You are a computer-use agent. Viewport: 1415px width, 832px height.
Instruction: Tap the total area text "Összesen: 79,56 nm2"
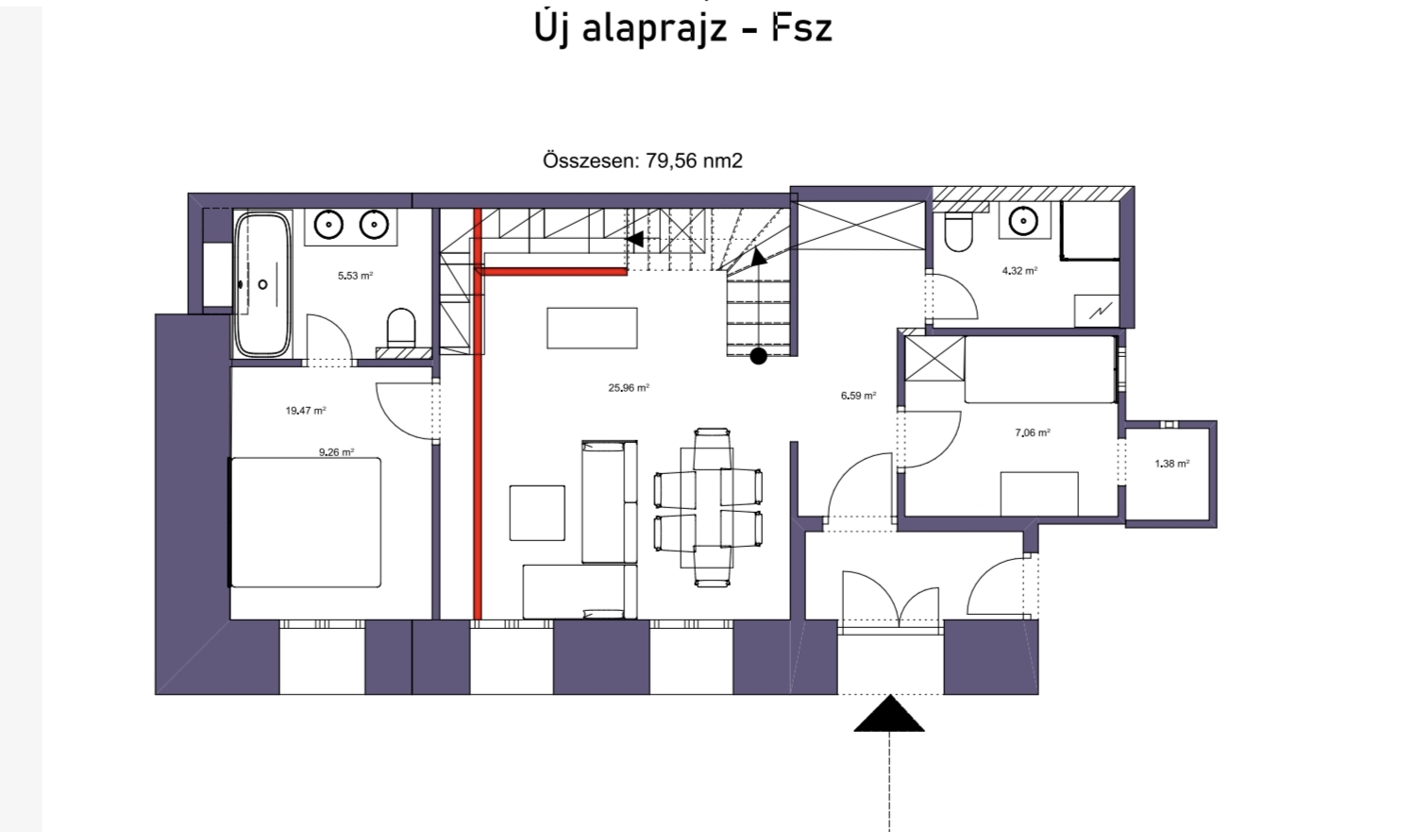click(643, 161)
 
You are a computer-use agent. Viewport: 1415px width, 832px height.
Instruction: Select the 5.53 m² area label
click(355, 276)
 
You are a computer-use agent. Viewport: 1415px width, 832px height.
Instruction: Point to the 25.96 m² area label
click(629, 388)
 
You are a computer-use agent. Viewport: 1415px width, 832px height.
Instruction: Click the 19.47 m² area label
click(306, 411)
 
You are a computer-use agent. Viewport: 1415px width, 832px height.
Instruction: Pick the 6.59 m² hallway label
click(858, 396)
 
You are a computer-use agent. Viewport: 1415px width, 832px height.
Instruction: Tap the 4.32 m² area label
click(1019, 271)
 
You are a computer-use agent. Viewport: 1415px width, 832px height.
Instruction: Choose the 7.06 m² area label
click(1033, 433)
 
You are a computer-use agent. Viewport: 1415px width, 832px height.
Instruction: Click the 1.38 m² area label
click(1172, 464)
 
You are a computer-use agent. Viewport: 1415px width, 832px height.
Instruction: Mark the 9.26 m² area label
click(336, 452)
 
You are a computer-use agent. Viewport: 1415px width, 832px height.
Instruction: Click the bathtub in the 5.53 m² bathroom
click(262, 284)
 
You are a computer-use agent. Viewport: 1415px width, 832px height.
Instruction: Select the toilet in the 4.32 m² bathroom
click(958, 231)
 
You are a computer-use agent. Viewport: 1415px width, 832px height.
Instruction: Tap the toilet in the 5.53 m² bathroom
click(401, 329)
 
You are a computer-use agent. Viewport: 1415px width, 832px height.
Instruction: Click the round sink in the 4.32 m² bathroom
click(1023, 221)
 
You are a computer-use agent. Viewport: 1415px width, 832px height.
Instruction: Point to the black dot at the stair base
click(759, 356)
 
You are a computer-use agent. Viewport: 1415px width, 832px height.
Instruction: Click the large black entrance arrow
click(889, 714)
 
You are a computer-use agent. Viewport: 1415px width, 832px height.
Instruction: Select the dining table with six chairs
click(708, 508)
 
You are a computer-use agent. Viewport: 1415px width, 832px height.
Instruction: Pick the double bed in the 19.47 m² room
click(305, 522)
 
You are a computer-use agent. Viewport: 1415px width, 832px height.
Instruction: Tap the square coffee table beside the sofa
click(537, 513)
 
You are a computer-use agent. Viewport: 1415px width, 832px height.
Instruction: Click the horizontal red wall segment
click(551, 272)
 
